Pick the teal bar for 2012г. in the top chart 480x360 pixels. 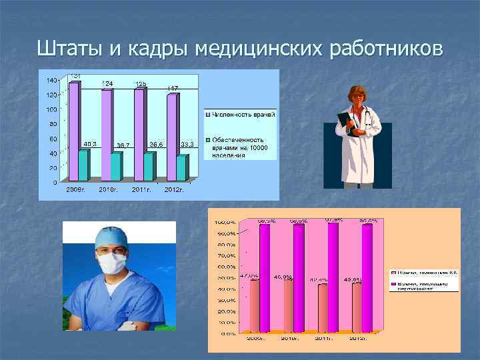pos(182,168)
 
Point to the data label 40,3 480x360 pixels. pos(90,143)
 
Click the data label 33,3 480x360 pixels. pos(187,144)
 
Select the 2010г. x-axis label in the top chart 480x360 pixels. pos(109,190)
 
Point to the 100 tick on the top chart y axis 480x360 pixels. pos(51,109)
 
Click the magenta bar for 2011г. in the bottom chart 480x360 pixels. pos(333,277)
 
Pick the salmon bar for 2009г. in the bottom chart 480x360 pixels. pos(255,305)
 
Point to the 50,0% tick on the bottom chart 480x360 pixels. pos(224,277)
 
